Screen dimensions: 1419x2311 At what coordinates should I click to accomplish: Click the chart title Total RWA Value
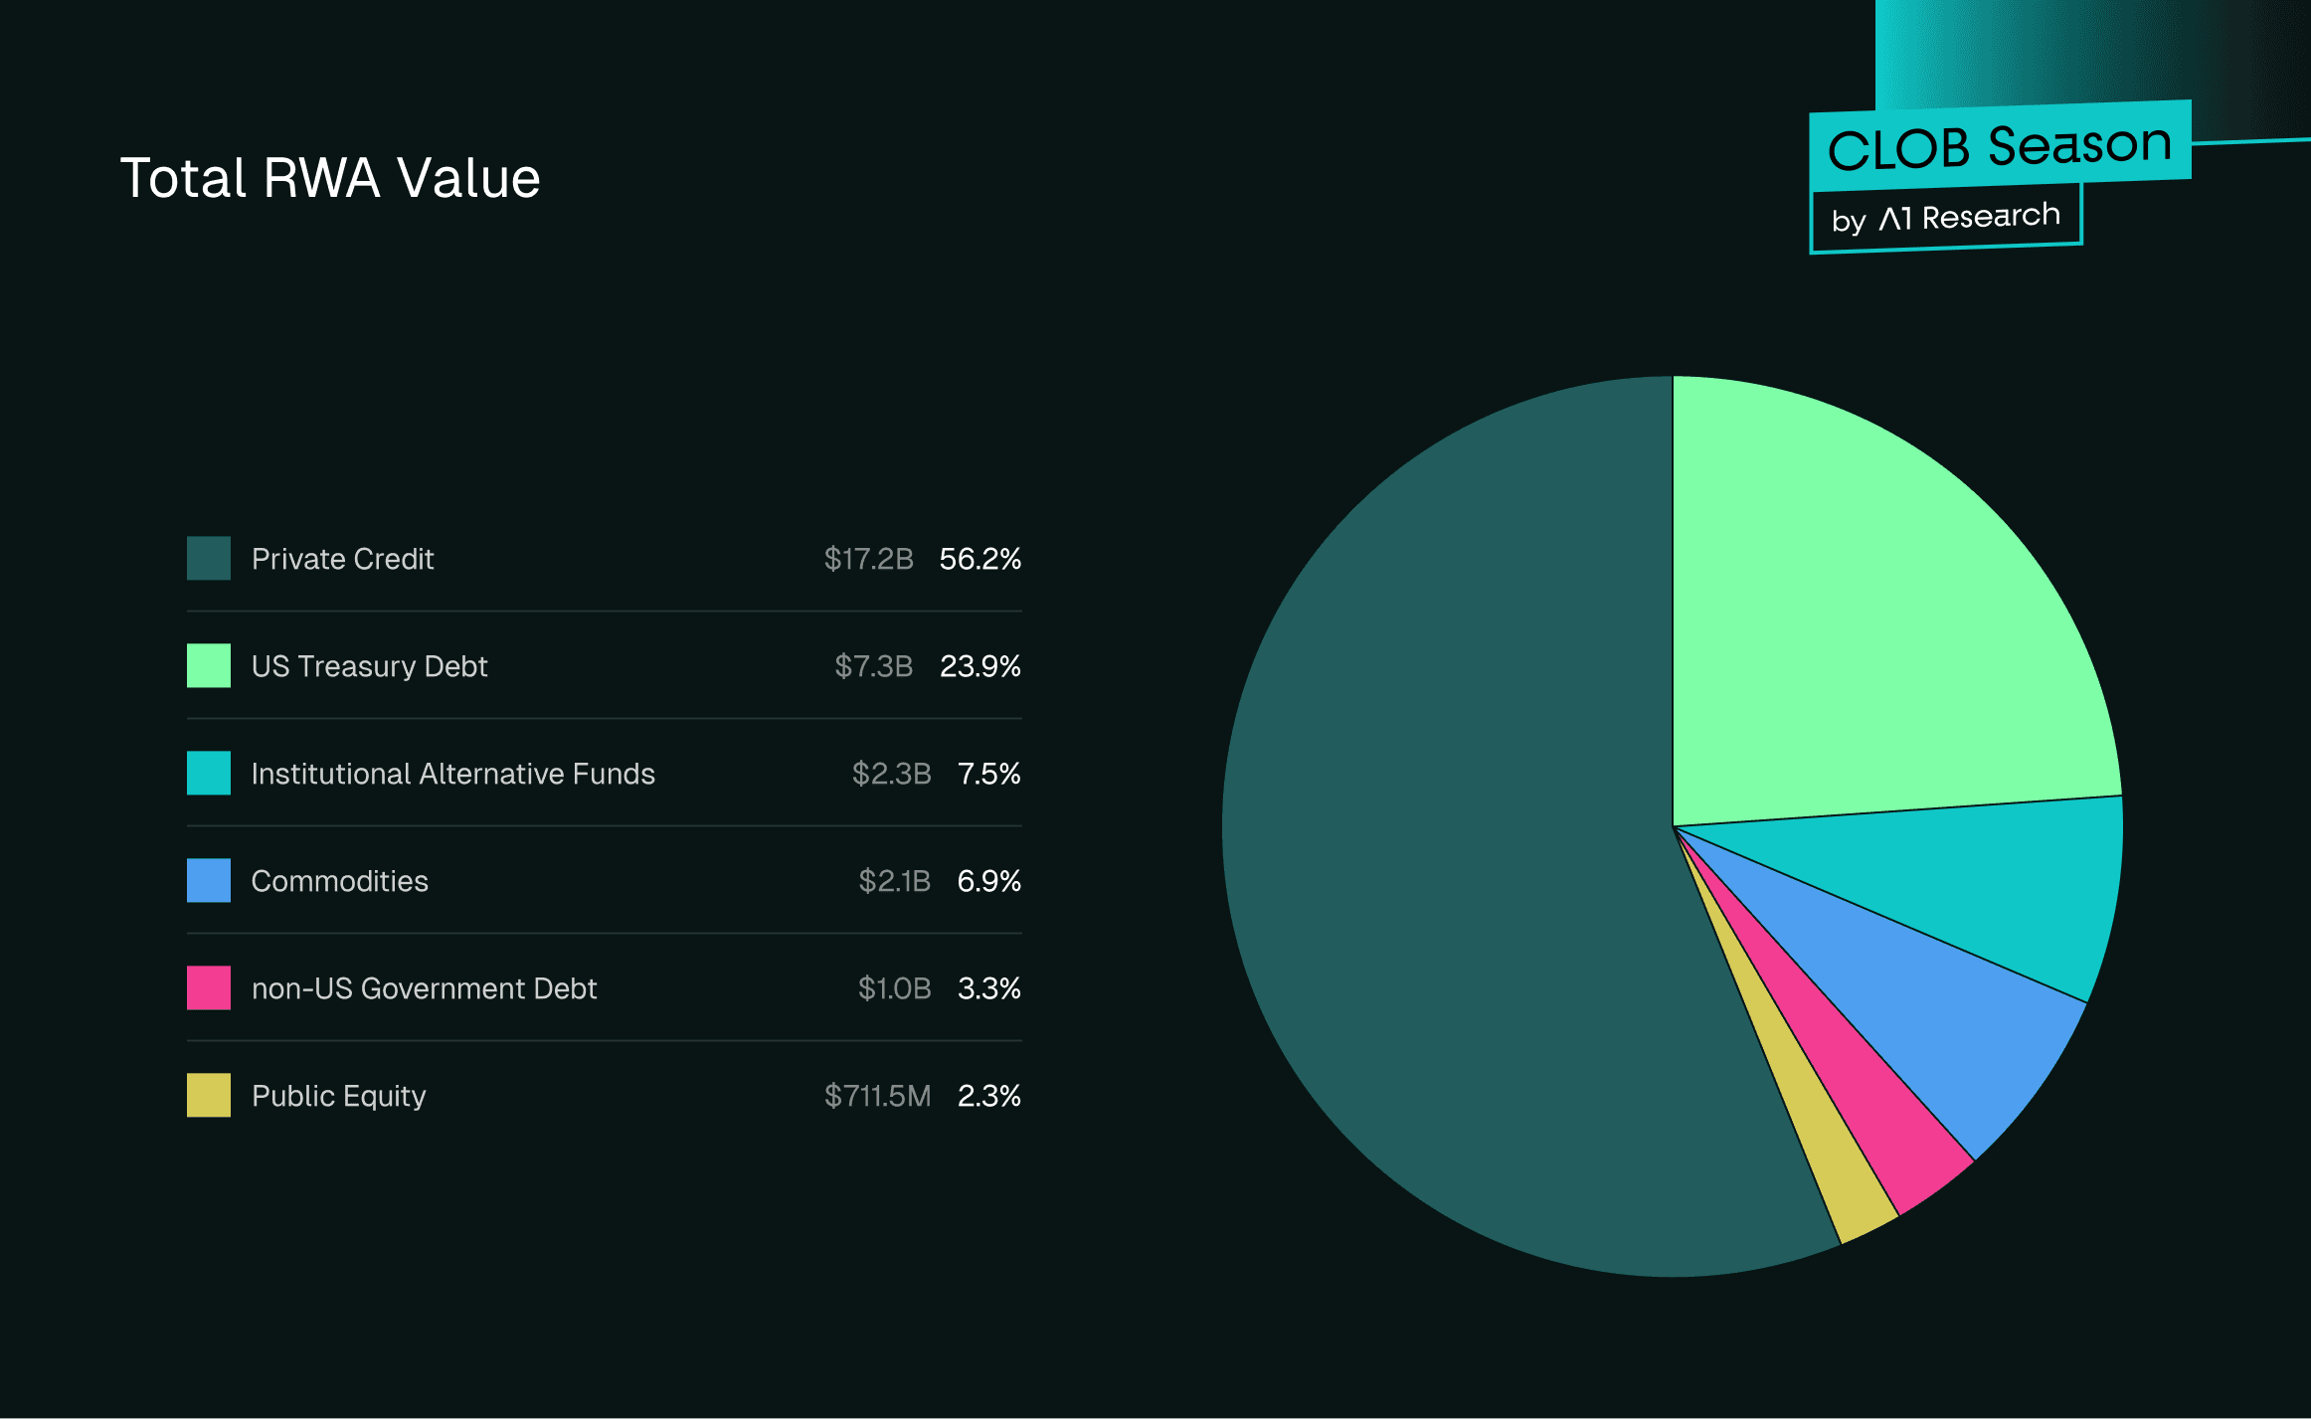(330, 179)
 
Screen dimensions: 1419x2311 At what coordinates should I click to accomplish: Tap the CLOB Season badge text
(1999, 147)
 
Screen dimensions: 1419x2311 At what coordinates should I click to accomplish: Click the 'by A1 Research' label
(1945, 218)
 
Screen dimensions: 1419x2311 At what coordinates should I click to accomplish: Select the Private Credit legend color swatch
(209, 558)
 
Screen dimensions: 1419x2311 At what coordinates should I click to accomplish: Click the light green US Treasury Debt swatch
(209, 665)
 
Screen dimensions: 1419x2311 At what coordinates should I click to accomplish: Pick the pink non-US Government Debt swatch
(209, 987)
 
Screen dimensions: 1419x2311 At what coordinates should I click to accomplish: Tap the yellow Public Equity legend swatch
(209, 1095)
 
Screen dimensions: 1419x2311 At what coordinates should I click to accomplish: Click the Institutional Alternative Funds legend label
(452, 774)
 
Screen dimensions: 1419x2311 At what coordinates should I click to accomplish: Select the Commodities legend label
(339, 881)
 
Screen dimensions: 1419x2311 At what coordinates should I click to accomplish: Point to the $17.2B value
(868, 559)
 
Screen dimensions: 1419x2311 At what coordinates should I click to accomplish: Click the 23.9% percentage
(979, 666)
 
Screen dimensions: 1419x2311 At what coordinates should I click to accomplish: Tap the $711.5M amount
(877, 1096)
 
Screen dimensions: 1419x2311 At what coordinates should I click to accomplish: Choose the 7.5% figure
(988, 774)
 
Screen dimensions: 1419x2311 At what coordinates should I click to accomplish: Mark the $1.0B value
(894, 988)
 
